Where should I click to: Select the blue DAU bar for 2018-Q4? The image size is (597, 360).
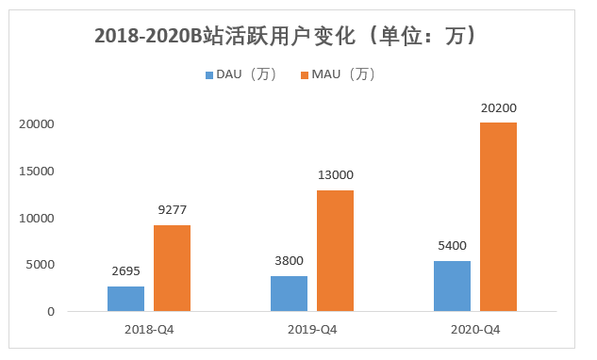(125, 299)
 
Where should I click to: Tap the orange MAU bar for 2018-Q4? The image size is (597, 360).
(172, 268)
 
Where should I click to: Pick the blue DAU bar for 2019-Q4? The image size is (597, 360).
(289, 293)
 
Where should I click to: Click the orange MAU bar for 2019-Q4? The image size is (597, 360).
(335, 251)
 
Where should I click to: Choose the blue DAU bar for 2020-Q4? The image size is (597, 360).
(452, 286)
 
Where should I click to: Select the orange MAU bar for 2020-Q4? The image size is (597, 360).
(498, 217)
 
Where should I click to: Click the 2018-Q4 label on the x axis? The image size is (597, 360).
(149, 330)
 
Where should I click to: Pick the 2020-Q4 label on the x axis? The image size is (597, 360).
(475, 330)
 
